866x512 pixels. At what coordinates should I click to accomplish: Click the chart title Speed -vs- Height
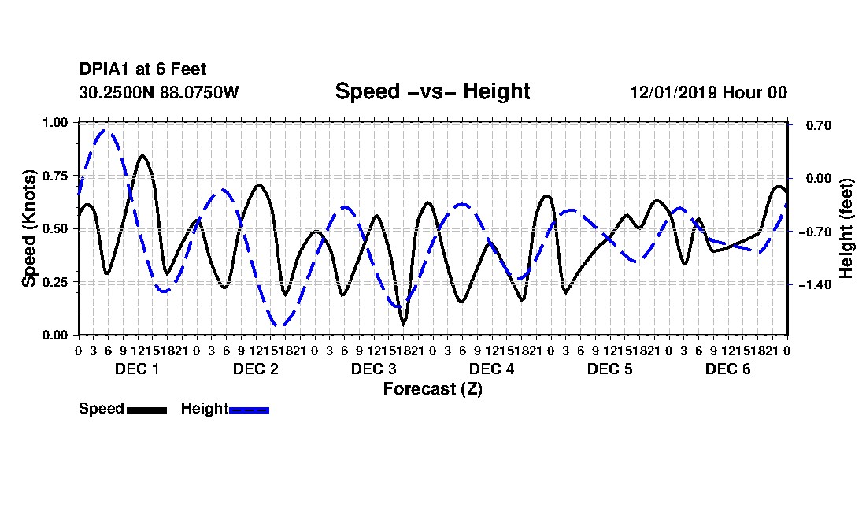432,91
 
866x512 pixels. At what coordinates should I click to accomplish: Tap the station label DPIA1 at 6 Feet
142,69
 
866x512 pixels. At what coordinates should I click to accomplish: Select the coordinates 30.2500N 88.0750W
159,92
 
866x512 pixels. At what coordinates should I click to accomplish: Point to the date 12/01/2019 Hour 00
709,92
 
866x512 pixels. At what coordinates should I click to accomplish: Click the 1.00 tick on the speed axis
55,122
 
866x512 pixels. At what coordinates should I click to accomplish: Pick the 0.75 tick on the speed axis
55,176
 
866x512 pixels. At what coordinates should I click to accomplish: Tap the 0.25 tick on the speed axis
55,282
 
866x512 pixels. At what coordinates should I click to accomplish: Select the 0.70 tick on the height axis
819,126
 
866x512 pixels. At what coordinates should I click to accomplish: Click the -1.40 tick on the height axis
815,285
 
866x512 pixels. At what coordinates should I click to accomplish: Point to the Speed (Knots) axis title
28,228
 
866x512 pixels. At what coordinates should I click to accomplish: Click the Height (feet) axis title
846,228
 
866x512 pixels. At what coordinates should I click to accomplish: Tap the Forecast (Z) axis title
433,389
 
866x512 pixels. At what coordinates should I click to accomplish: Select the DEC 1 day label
137,369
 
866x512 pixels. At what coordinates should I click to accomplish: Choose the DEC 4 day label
491,369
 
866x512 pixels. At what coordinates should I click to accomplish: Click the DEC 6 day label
728,369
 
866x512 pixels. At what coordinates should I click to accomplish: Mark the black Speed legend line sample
146,410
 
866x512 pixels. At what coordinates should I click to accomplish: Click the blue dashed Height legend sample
249,410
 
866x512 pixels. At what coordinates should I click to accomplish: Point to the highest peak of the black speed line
142,156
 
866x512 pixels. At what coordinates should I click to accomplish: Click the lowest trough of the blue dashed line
280,325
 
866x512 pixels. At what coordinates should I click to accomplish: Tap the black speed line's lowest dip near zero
404,324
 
